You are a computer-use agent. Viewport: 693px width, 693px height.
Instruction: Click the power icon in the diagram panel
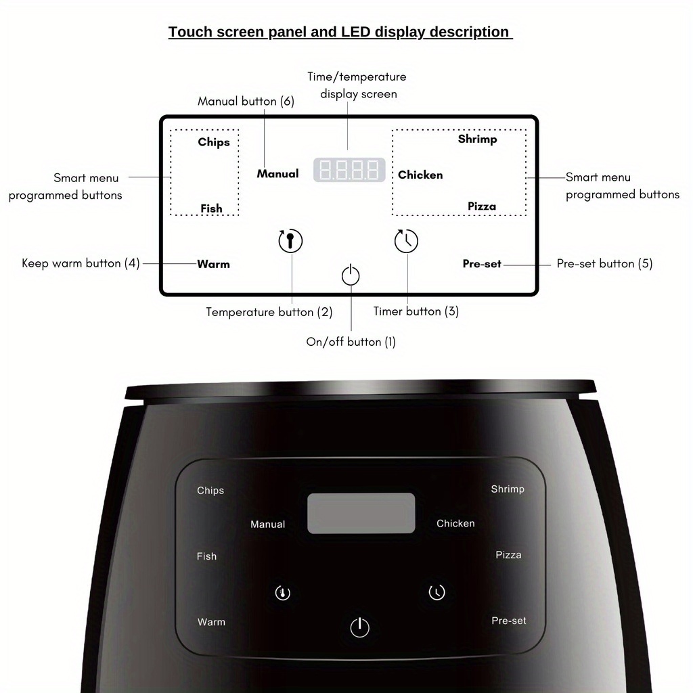pos(351,275)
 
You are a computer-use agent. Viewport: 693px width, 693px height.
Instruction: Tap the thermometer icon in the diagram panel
pos(290,241)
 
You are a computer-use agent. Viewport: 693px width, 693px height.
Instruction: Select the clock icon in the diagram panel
pos(407,241)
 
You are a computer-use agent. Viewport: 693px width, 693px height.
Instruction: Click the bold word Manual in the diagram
pos(277,174)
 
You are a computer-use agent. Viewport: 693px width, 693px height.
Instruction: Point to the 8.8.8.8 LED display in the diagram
pos(349,170)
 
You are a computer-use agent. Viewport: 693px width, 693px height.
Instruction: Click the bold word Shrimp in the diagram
pos(477,139)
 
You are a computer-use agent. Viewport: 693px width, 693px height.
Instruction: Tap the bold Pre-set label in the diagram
pos(482,264)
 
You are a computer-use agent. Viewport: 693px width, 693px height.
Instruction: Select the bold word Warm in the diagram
pos(213,264)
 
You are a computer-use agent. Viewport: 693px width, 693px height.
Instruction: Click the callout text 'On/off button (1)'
pos(351,342)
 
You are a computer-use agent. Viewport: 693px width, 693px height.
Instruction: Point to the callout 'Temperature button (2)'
pos(269,312)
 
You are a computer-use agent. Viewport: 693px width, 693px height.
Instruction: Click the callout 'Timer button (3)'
pos(416,311)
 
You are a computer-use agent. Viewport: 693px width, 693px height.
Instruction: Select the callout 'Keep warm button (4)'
pos(81,263)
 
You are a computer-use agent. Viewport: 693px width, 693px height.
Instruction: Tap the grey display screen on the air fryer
pos(361,513)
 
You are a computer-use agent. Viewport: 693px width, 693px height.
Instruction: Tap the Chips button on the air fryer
pos(210,491)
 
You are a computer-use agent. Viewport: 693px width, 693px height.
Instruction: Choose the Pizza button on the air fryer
pos(508,555)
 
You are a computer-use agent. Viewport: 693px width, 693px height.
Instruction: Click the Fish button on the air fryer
pos(206,556)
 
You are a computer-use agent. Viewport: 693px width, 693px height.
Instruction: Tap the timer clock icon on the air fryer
pos(437,592)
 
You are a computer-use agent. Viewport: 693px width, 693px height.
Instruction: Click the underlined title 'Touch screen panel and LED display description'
pos(340,32)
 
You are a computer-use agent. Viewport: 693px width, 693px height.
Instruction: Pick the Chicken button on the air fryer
pos(455,523)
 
